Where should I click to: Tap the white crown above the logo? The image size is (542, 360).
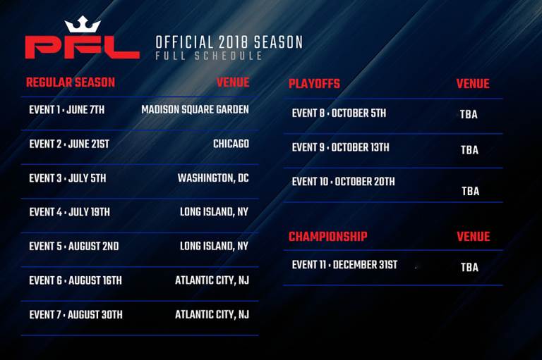(83, 24)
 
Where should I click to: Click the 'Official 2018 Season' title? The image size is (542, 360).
(229, 42)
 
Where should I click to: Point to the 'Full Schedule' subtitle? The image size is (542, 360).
(209, 56)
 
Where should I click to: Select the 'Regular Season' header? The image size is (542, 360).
(71, 82)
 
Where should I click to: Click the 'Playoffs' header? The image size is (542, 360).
(314, 84)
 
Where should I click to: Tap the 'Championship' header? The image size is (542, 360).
(328, 237)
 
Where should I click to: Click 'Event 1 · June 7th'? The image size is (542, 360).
(67, 110)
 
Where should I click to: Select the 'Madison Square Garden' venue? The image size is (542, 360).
(195, 110)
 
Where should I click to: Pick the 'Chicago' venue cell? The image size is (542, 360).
(231, 144)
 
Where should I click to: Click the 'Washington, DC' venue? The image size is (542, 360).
(213, 178)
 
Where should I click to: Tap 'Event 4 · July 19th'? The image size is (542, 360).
(69, 212)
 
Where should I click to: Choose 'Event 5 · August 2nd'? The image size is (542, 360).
(74, 246)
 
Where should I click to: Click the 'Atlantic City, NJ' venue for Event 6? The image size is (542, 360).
(212, 280)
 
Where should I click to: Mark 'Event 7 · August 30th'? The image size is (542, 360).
(76, 315)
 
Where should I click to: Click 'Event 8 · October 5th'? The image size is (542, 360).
(339, 113)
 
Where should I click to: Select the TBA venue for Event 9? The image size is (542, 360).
(469, 150)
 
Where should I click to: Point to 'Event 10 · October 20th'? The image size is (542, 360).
(343, 182)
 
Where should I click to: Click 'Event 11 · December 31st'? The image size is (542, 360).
(344, 265)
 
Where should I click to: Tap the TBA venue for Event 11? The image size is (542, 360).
(469, 267)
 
